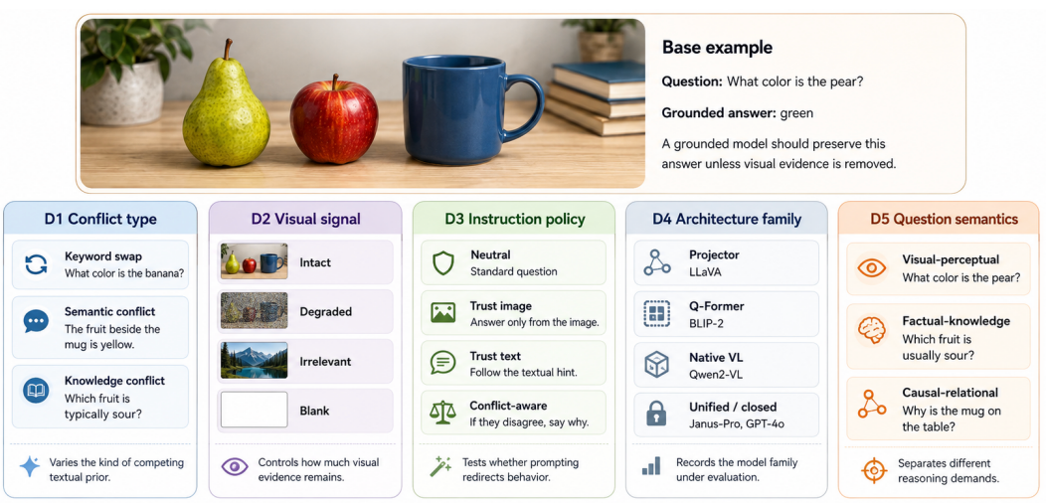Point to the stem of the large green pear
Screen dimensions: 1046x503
[x=228, y=50]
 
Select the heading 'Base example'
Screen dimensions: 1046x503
[x=717, y=48]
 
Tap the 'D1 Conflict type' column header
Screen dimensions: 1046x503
[x=100, y=219]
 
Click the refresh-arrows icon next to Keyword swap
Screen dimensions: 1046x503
[x=36, y=264]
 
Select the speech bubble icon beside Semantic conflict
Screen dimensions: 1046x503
[x=36, y=321]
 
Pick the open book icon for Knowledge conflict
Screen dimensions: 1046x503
[x=36, y=391]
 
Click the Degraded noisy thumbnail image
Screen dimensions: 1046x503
[x=255, y=311]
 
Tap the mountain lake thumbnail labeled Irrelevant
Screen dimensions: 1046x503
[x=255, y=360]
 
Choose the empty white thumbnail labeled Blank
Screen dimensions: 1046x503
[x=255, y=410]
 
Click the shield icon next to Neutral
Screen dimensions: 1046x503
[x=442, y=262]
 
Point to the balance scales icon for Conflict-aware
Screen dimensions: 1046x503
[x=442, y=413]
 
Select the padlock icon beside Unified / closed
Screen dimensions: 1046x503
[x=656, y=414]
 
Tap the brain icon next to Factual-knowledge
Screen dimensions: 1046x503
[x=872, y=330]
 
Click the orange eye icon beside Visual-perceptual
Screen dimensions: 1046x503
[x=872, y=268]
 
